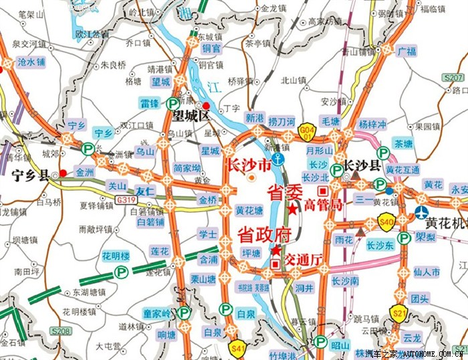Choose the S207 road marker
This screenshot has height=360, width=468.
[453, 78]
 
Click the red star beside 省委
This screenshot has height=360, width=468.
[293, 209]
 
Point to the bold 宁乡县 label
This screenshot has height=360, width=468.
[30, 177]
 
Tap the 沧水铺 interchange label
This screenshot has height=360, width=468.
[31, 62]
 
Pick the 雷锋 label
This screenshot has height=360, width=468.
[148, 103]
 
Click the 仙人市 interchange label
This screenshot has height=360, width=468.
[427, 272]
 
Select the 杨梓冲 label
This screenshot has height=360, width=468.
[372, 124]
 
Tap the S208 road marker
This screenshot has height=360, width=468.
[61, 332]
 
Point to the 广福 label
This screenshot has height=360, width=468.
[406, 51]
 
